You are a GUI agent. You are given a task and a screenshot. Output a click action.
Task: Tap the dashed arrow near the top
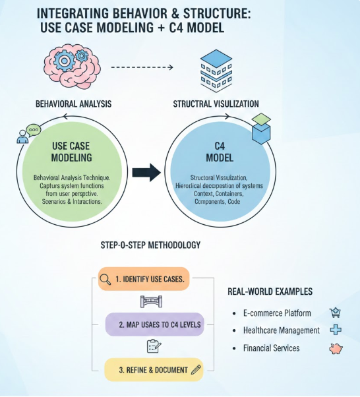pos(142,67)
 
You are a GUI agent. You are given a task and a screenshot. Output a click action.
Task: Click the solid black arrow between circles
pos(146,173)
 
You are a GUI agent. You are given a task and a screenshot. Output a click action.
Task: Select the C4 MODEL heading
pos(216,151)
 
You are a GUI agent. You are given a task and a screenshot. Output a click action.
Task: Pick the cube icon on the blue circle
pos(261,128)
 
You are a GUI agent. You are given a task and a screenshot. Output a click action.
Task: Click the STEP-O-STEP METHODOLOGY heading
pos(150,245)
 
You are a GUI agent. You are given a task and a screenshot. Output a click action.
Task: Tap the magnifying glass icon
pos(105,279)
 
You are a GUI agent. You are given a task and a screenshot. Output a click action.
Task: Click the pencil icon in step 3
pos(196,370)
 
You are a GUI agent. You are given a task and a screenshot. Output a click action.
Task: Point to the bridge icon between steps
pos(151,301)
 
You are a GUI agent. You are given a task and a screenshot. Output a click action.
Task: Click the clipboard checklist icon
pos(152,347)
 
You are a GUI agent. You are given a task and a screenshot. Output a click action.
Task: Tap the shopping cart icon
pos(335,313)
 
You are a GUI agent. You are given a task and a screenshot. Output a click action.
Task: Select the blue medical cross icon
pos(336,330)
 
